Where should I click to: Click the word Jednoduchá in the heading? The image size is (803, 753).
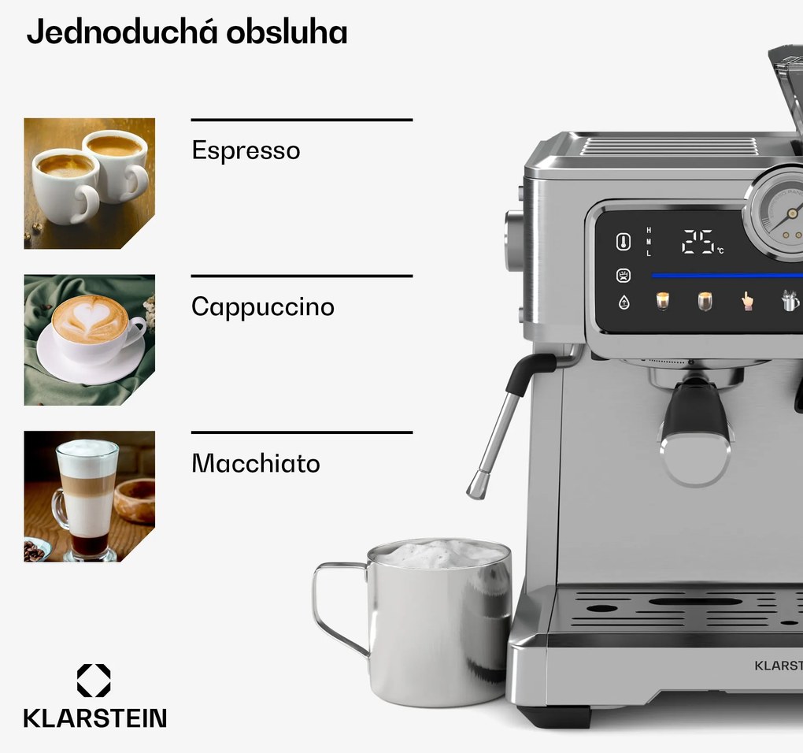122,32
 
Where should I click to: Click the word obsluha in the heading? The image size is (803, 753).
287,32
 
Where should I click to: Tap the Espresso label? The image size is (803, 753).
246,150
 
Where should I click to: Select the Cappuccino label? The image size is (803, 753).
263,307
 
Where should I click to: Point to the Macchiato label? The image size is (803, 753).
256,463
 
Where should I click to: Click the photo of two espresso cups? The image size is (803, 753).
90,184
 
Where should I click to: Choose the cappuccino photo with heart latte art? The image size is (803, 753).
90,340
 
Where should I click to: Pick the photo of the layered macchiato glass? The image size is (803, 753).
90,496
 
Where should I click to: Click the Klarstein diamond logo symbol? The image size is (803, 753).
94,681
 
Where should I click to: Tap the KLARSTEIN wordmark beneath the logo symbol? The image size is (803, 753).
95,718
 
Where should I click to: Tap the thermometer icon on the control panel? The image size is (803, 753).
624,242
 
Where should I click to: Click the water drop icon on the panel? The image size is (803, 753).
624,302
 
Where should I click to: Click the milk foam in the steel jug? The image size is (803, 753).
440,555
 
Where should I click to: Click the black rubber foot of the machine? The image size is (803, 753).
553,716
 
